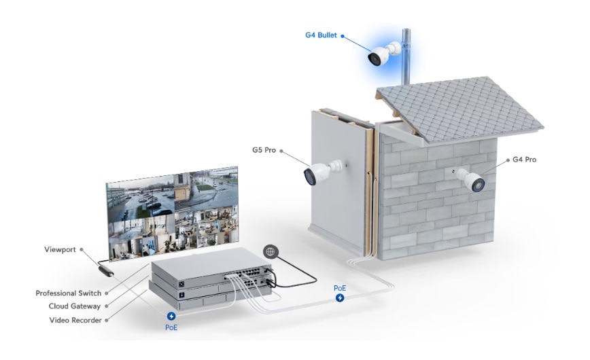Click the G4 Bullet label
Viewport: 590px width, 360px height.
321,35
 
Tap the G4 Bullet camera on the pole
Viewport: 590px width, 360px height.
383,54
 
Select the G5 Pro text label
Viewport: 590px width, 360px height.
264,150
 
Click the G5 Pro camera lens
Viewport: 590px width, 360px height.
310,177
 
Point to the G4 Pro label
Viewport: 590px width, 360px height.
524,160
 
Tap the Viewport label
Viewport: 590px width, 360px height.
60,249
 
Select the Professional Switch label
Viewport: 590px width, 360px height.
69,293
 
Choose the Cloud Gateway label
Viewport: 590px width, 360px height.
75,306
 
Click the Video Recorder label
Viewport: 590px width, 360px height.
75,320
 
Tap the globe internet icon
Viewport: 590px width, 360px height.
271,251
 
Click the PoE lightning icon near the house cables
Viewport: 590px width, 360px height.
340,298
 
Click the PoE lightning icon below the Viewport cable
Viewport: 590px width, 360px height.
171,316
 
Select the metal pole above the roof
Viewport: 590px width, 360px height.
406,57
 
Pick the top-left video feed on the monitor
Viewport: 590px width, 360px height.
141,198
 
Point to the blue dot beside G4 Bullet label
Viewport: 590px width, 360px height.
343,36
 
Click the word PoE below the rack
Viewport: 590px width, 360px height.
171,327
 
